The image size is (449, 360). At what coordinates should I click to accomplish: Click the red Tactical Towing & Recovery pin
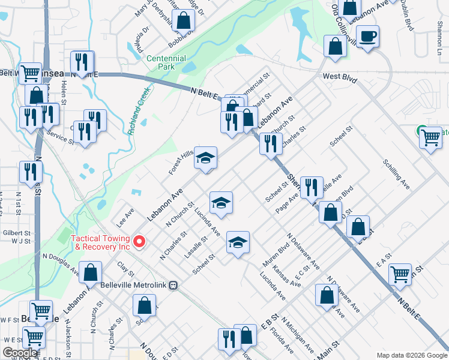[x=140, y=242]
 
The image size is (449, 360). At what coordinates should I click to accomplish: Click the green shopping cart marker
[x=430, y=137]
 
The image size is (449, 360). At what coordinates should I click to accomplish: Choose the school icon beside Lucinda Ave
[x=221, y=203]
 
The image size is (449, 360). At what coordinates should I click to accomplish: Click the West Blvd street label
[x=340, y=79]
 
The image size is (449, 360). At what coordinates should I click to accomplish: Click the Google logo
[x=20, y=353]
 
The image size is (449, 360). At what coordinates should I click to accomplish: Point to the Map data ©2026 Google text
[x=411, y=356]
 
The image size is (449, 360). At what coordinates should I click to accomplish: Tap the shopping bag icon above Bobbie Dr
[x=184, y=20]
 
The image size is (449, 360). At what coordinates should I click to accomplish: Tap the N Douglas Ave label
[x=60, y=263]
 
